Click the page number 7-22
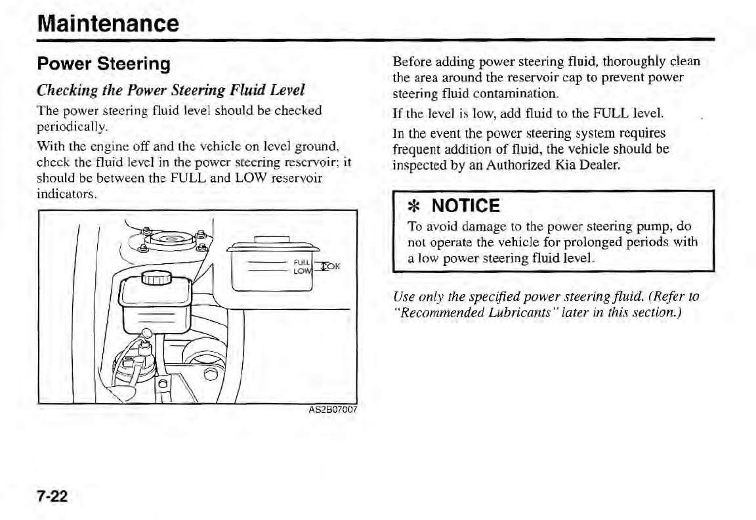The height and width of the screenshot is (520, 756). [52, 496]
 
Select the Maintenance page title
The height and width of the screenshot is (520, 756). [108, 23]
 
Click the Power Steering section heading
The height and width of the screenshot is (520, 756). [104, 64]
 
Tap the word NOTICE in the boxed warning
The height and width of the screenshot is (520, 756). [467, 206]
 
